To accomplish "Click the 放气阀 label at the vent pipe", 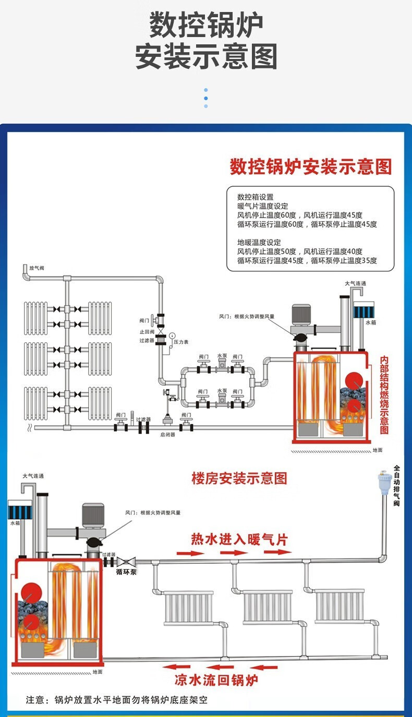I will (37, 268).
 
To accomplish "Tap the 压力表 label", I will (181, 342).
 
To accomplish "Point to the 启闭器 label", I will (168, 434).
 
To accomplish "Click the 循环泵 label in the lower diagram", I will (126, 572).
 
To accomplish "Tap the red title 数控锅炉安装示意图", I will (310, 167).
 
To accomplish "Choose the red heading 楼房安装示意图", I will (239, 478).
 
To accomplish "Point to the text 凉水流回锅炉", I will (216, 680).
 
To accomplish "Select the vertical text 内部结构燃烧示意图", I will (384, 395).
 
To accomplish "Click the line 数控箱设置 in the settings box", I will (255, 197).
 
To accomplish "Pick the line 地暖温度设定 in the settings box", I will (259, 243).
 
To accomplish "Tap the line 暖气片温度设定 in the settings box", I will (262, 206).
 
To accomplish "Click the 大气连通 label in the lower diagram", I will (33, 476).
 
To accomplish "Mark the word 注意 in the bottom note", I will (36, 700).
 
